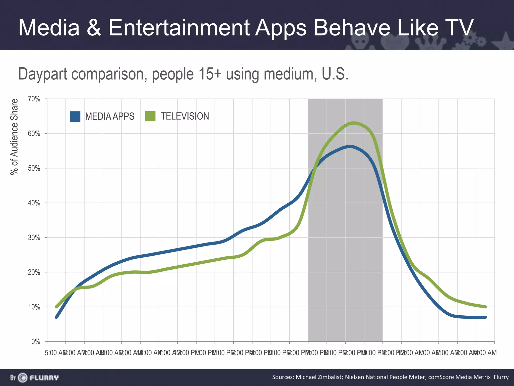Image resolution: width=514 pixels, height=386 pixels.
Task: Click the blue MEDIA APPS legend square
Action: coord(75,116)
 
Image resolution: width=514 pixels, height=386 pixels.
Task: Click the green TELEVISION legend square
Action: coord(150,116)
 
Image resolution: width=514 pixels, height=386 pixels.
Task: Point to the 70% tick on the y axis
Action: coord(34,99)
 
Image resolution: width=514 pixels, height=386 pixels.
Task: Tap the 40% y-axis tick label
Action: coord(34,203)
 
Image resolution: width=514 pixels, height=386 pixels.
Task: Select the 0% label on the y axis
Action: coord(36,342)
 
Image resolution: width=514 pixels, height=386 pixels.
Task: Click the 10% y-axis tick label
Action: coord(34,307)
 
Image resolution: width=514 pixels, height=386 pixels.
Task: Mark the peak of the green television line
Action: coord(353,123)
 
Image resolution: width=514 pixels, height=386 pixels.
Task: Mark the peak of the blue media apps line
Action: coord(350,147)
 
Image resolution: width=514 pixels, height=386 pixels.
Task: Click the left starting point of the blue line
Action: coord(56,317)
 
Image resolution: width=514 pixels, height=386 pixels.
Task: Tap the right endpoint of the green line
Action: coord(486,307)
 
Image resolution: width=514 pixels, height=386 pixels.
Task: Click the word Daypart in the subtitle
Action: coord(43,74)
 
